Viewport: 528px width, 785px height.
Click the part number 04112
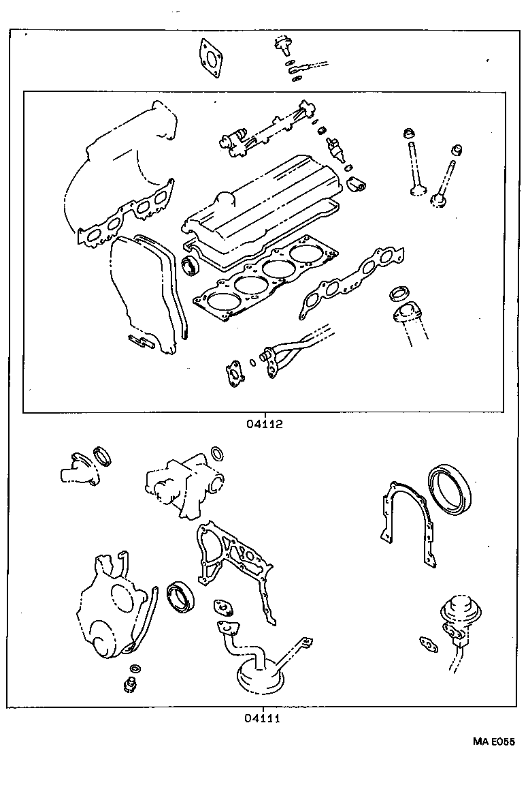pyautogui.click(x=263, y=423)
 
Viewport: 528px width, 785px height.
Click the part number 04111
pyautogui.click(x=263, y=718)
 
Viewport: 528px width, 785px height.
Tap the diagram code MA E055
pyautogui.click(x=494, y=742)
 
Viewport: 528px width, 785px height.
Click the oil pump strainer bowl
pyautogui.click(x=261, y=675)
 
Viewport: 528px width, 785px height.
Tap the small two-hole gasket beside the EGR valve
pyautogui.click(x=429, y=642)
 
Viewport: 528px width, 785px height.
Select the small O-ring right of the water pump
pyautogui.click(x=216, y=454)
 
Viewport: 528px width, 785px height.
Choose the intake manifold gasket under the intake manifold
pyautogui.click(x=127, y=217)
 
